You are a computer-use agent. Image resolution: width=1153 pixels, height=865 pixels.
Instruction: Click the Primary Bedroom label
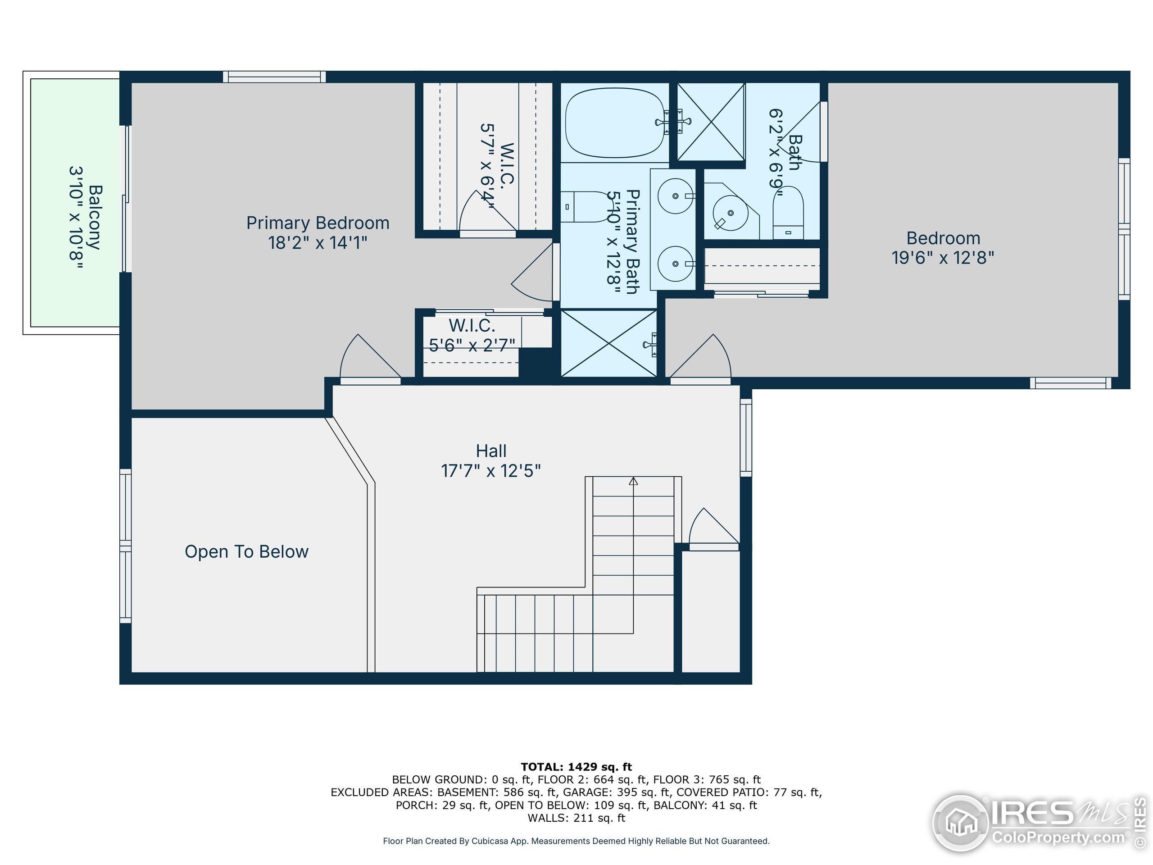coord(318,223)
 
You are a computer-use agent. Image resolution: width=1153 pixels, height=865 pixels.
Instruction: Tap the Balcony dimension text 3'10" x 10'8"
coord(76,217)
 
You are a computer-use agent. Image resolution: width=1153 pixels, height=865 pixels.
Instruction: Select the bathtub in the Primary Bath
coord(615,123)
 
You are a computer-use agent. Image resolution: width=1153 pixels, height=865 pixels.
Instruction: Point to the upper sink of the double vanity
coord(676,196)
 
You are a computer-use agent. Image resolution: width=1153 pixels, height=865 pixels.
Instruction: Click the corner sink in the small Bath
coord(730,213)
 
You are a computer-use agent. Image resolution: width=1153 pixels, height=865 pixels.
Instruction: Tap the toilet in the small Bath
coord(788,213)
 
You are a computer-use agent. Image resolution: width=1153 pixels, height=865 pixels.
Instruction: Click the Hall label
coord(490,451)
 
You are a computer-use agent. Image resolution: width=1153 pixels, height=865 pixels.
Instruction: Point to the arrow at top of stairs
coord(633,481)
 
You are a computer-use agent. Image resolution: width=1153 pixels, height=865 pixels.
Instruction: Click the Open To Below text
coord(246,551)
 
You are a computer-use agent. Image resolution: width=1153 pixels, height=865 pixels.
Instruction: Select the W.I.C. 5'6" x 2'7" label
coord(472,335)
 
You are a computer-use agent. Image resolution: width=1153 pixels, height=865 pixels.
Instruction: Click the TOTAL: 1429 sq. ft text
coord(576,767)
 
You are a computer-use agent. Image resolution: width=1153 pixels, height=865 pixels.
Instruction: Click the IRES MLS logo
coord(1037,823)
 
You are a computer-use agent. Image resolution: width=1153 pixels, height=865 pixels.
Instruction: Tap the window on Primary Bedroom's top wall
coord(274,77)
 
